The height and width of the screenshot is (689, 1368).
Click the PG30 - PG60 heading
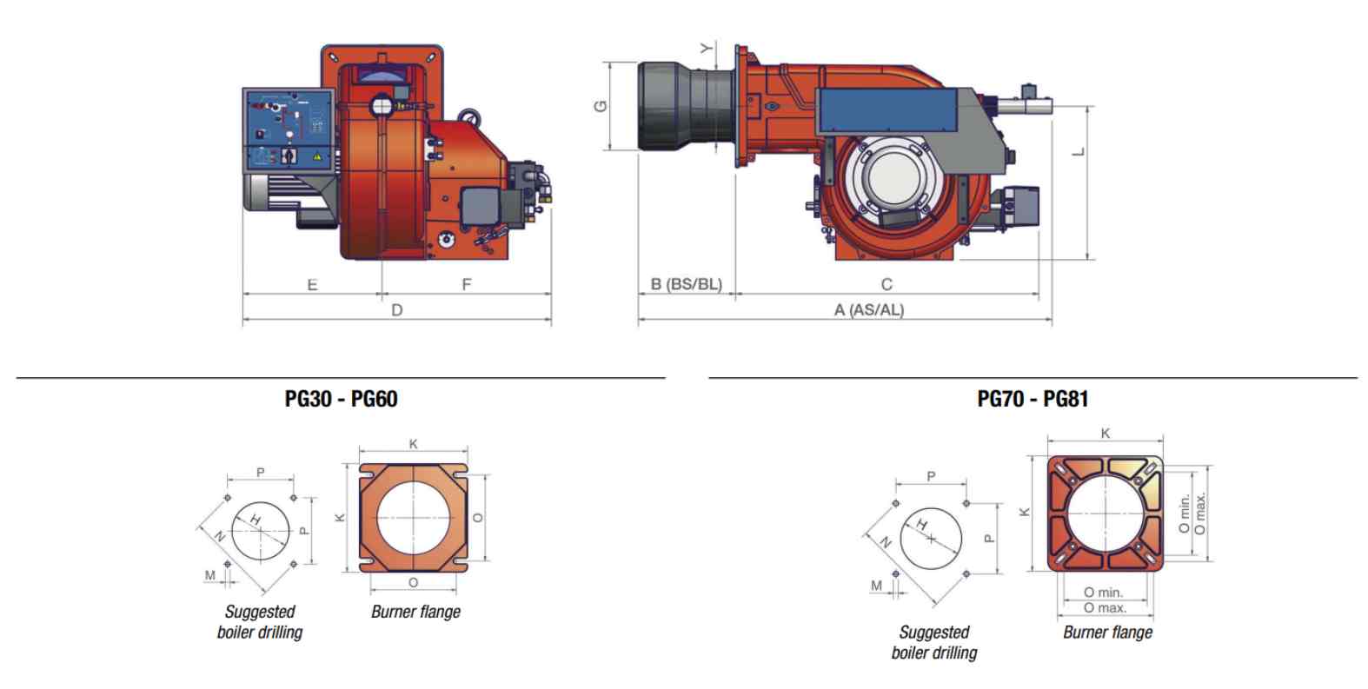coord(341,399)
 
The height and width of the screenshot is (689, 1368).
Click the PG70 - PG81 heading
coord(1033,399)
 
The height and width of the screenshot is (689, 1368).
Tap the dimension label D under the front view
coord(397,310)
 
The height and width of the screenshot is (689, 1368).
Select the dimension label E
coord(312,285)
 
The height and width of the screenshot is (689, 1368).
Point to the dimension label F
coord(467,284)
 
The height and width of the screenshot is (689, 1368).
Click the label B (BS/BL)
coord(687,284)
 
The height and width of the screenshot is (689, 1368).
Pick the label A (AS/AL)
coord(869,310)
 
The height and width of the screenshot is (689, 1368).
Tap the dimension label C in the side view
coord(887,284)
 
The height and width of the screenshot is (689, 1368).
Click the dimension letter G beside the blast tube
coord(601,106)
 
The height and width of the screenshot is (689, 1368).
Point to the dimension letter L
coord(1079,151)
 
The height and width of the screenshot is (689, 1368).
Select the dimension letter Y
coord(706,48)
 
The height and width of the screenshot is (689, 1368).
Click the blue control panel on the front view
coord(289,130)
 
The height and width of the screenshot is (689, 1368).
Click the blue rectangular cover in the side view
coord(887,110)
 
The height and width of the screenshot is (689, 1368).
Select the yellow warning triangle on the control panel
coord(317,157)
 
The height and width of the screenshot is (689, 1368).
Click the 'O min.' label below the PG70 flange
coord(1103,593)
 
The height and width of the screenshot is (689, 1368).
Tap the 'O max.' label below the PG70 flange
coord(1105,608)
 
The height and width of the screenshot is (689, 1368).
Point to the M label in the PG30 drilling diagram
coord(210,575)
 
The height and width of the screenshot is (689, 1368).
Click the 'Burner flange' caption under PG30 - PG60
coord(416,612)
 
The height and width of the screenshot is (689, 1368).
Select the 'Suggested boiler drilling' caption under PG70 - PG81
coord(933,643)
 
